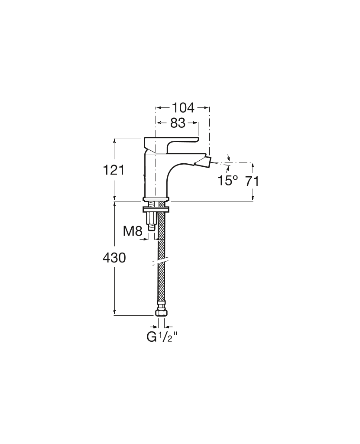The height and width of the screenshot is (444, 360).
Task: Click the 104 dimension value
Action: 183,107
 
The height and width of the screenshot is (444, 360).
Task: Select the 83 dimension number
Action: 178,123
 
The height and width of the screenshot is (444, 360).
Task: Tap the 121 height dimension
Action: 114,170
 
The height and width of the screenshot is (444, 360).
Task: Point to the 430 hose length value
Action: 114,258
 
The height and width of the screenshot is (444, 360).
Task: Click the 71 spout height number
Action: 252,181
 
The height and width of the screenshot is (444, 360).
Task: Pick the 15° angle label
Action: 227,180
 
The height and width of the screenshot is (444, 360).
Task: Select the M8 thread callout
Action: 133,231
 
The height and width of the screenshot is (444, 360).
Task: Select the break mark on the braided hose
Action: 160,261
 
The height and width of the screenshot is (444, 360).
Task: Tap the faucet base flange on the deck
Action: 156,199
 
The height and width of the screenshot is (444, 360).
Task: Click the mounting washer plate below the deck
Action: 156,209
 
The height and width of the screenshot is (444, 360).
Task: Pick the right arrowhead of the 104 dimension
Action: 207,107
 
